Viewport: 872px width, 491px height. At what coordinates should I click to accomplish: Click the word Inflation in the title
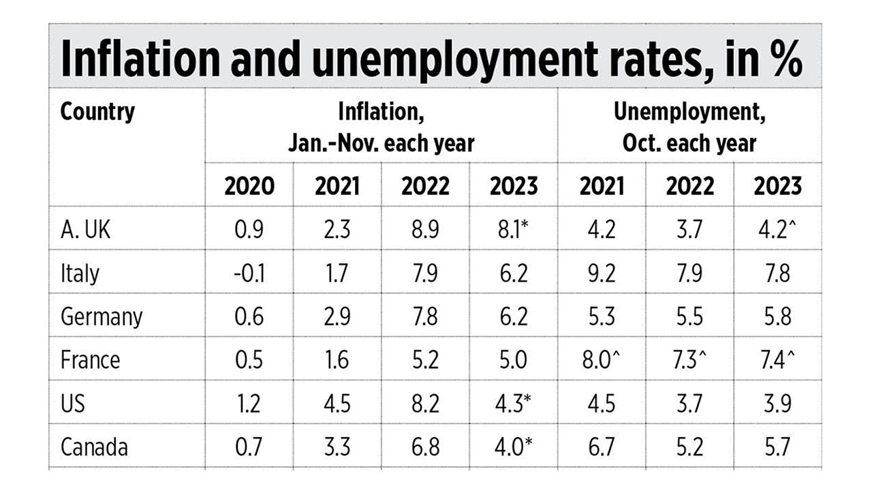click(x=140, y=60)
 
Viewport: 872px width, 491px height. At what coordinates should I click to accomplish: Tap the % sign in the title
click(x=783, y=60)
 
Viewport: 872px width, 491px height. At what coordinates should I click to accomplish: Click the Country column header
click(x=98, y=112)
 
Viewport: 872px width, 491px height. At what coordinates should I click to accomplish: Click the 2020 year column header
click(x=249, y=186)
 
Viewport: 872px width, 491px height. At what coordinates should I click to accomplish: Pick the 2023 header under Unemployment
click(x=777, y=186)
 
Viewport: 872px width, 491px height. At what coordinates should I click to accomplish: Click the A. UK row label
click(x=86, y=229)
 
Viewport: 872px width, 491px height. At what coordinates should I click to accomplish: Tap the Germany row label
click(x=102, y=316)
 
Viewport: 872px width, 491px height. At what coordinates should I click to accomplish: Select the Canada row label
click(x=94, y=447)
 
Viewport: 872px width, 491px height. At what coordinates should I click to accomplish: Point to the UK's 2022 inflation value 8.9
click(x=425, y=229)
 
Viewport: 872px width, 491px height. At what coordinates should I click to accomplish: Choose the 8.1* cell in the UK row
click(x=514, y=229)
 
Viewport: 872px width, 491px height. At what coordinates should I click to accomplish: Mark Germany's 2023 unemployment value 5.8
click(x=777, y=316)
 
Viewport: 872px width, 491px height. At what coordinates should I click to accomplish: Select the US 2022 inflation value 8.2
click(x=425, y=403)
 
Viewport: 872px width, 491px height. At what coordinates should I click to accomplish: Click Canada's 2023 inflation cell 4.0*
click(x=514, y=447)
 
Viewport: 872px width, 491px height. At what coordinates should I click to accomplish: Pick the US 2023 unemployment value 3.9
click(x=777, y=403)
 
